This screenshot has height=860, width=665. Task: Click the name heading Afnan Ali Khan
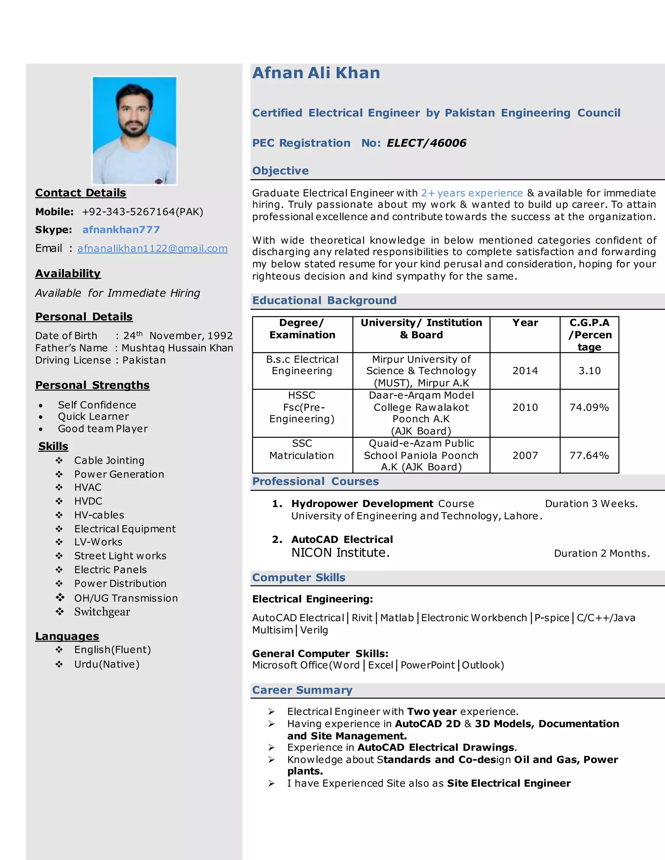[x=316, y=73]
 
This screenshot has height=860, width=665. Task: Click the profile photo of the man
[x=134, y=130]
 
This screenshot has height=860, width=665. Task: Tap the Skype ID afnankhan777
[x=121, y=229]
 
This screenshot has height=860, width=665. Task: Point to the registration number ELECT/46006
[x=426, y=143]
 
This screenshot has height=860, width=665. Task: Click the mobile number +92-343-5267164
[x=142, y=212]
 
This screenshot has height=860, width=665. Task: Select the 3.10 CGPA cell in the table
[x=589, y=371]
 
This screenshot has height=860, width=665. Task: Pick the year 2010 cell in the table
[x=525, y=407]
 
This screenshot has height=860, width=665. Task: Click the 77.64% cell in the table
[x=589, y=455]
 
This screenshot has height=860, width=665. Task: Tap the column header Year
[x=525, y=323]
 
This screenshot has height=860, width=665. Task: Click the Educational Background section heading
[x=324, y=301]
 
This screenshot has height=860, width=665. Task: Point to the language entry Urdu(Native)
[x=107, y=664]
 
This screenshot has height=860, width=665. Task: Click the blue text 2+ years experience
[x=471, y=193]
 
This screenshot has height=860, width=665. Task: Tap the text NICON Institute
[x=340, y=553]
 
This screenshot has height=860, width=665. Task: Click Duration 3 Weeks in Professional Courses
[x=591, y=504]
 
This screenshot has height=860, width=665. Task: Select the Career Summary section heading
[x=302, y=690]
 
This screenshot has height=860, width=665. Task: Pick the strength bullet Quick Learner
[x=94, y=417]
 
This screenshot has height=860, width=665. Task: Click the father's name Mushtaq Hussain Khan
[x=177, y=348]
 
